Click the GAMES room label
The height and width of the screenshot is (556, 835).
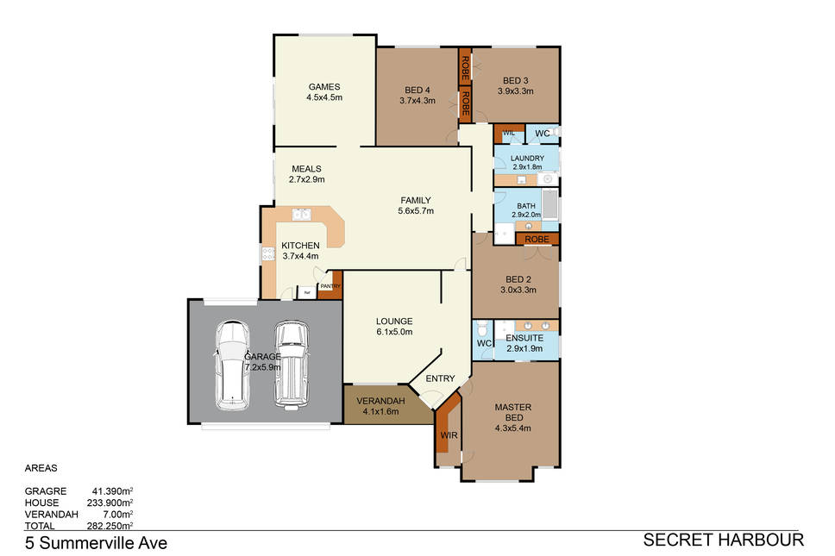[x=324, y=87]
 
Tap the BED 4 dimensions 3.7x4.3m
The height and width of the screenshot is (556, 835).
[x=417, y=101]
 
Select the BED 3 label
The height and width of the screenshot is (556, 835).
[x=516, y=81]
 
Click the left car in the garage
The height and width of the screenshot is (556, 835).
[x=232, y=365]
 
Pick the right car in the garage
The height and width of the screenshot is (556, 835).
[x=292, y=365]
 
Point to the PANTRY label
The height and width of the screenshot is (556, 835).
[x=330, y=286]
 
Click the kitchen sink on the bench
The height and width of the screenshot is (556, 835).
[x=301, y=215]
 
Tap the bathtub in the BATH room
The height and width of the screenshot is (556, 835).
[x=549, y=204]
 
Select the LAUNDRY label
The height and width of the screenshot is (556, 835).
[x=527, y=158]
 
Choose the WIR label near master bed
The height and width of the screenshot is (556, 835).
[x=449, y=435]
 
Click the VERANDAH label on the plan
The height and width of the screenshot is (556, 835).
[x=380, y=401]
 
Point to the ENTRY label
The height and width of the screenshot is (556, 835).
[x=441, y=378]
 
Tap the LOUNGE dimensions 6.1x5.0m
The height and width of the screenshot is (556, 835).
[x=394, y=332]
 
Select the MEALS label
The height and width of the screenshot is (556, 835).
[x=307, y=169]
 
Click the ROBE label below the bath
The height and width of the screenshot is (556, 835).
[x=537, y=240]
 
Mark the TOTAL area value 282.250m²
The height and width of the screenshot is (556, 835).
[x=110, y=526]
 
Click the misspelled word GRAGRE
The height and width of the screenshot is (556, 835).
[x=46, y=491]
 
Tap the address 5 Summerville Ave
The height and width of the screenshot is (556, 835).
[x=96, y=543]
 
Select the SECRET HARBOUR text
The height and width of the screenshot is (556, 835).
[x=723, y=540]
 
